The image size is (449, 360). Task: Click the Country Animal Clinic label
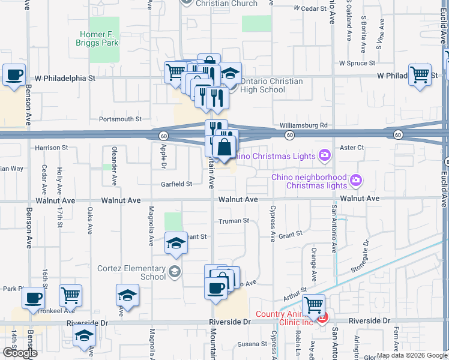coord(285,314)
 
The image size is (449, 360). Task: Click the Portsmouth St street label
coord(121,119)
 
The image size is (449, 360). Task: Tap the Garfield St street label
coord(176,184)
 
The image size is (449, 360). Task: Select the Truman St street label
coord(234,221)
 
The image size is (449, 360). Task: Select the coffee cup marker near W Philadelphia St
coord(14,75)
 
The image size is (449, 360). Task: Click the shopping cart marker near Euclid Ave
coord(420,75)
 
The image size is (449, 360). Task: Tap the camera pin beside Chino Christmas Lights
coord(325,156)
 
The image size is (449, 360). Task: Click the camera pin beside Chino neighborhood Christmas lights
coord(356,180)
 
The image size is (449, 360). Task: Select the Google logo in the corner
coord(20,353)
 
